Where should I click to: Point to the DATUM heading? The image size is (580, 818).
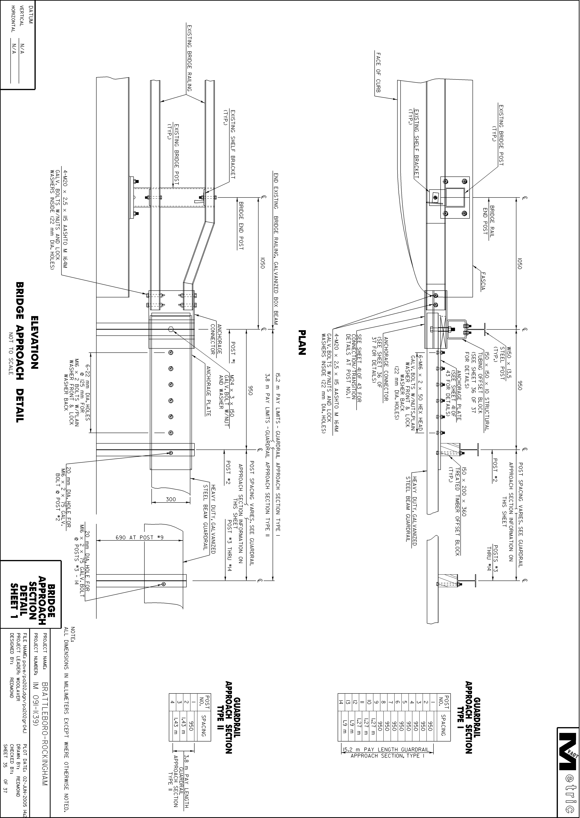(30, 14)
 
